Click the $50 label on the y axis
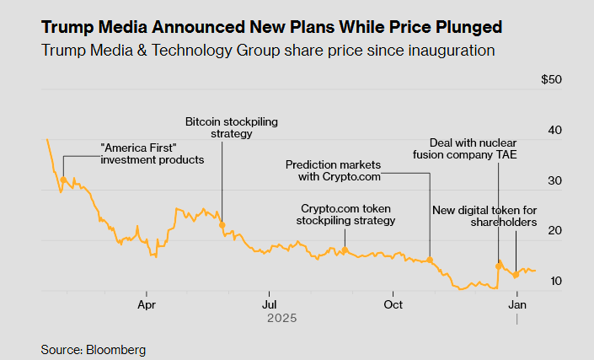click(x=551, y=80)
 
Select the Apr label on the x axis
click(x=147, y=304)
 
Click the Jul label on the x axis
click(x=269, y=304)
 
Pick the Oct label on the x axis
click(x=393, y=304)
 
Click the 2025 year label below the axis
click(x=281, y=319)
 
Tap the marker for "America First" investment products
click(x=63, y=180)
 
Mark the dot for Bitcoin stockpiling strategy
click(x=222, y=225)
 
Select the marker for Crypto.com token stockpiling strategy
click(x=345, y=250)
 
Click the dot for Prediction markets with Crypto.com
click(x=430, y=260)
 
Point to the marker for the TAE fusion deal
click(x=499, y=266)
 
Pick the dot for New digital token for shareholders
click(x=516, y=276)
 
